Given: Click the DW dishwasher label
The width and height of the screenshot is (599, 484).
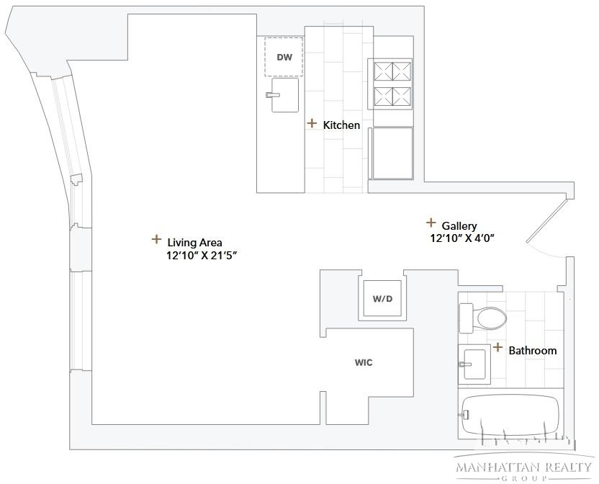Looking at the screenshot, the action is point(284,58).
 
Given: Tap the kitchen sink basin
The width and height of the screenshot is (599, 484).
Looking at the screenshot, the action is point(285,95).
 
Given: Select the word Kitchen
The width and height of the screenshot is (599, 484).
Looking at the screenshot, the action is point(341,125).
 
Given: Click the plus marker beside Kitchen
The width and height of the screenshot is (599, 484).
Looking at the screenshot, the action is point(312,123).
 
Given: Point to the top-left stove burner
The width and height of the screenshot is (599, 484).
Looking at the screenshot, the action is point(383,71).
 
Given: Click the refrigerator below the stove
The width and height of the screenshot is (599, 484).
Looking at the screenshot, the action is point(392,153).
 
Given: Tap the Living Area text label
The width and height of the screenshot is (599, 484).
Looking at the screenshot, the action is point(195,243).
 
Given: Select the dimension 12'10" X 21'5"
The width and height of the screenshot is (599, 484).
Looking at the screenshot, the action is point(202,256).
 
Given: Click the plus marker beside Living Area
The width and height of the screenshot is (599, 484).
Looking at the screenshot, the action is point(156,239).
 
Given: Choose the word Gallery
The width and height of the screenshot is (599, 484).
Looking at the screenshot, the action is point(459,226).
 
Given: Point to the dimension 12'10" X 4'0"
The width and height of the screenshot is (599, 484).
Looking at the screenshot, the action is point(462,238).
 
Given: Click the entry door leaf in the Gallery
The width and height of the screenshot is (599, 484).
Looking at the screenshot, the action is point(546,220).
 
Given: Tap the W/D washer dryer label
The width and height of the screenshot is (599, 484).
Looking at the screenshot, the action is point(382,299).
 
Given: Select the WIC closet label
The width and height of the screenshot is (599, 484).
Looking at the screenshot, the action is point(364,362).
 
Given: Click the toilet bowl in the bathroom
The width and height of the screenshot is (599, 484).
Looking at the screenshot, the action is point(491,318).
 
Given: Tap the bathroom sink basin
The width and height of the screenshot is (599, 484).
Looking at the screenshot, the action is point(474,364).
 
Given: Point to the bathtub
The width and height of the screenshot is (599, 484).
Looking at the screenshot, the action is point(510,415).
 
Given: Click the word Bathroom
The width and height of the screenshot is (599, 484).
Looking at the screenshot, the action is point(533,351).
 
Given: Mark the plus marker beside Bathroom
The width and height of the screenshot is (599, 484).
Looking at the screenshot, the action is point(497,347).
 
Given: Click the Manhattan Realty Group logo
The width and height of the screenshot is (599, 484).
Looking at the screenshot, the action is point(523,468).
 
